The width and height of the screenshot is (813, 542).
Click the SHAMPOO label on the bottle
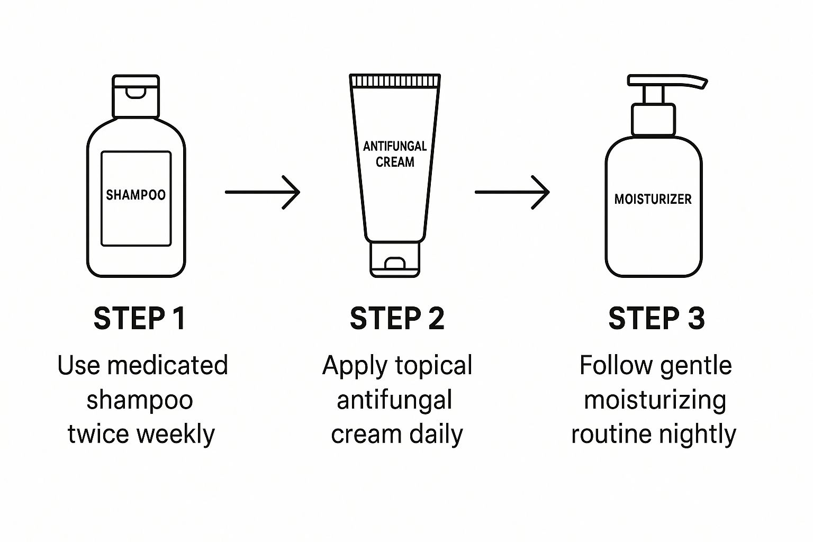click(135, 195)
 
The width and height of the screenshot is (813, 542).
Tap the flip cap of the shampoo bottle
click(135, 96)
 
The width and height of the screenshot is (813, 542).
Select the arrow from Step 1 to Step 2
click(263, 192)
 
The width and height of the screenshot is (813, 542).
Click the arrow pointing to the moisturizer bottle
click(512, 192)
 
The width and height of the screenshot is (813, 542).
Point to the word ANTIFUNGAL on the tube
click(395, 146)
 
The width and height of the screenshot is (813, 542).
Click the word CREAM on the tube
click(395, 162)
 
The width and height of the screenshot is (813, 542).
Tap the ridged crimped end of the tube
click(395, 80)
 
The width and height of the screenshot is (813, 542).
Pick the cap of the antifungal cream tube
click(395, 259)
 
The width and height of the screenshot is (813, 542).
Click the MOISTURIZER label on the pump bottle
click(653, 199)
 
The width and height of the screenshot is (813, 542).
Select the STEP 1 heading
click(140, 319)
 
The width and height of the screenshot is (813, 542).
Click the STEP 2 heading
click(397, 319)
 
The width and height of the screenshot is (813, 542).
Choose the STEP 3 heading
click(656, 319)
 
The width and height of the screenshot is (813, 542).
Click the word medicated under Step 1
click(167, 365)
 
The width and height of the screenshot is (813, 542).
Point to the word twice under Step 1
click(98, 434)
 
